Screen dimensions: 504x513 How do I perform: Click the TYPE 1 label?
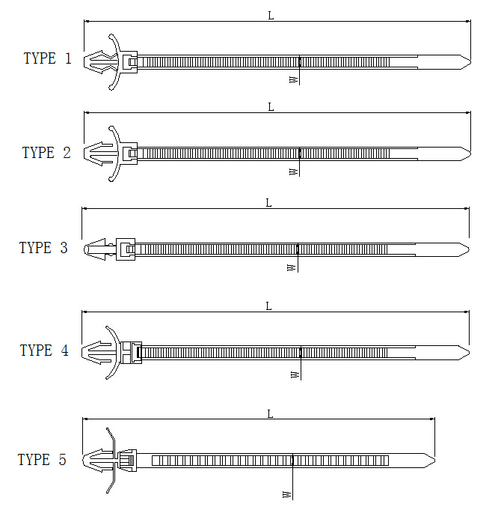click(48, 58)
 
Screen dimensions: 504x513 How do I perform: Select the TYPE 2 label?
click(46, 153)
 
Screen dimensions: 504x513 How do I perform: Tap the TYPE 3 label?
click(43, 248)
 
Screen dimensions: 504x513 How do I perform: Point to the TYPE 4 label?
click(44, 350)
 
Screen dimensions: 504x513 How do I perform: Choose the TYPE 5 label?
click(42, 460)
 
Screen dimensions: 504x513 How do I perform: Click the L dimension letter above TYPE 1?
click(271, 16)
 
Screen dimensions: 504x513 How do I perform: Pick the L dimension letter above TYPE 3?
click(268, 203)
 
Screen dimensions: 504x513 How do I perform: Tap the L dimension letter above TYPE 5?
click(270, 414)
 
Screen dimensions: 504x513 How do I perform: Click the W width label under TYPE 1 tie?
click(294, 79)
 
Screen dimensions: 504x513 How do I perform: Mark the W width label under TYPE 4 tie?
click(295, 374)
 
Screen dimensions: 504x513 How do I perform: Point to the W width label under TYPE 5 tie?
click(287, 494)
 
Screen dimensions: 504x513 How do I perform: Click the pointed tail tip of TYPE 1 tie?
click(470, 62)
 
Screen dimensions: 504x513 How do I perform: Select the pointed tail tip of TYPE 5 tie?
click(434, 461)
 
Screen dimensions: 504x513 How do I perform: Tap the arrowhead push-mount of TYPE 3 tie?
click(95, 249)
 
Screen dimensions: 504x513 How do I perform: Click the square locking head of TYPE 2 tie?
click(129, 154)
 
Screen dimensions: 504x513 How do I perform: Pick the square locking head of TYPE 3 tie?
click(126, 249)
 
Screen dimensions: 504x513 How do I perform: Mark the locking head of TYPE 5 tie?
click(127, 461)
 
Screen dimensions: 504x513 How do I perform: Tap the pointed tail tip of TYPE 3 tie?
click(469, 249)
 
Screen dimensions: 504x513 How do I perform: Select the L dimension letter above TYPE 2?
click(271, 107)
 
